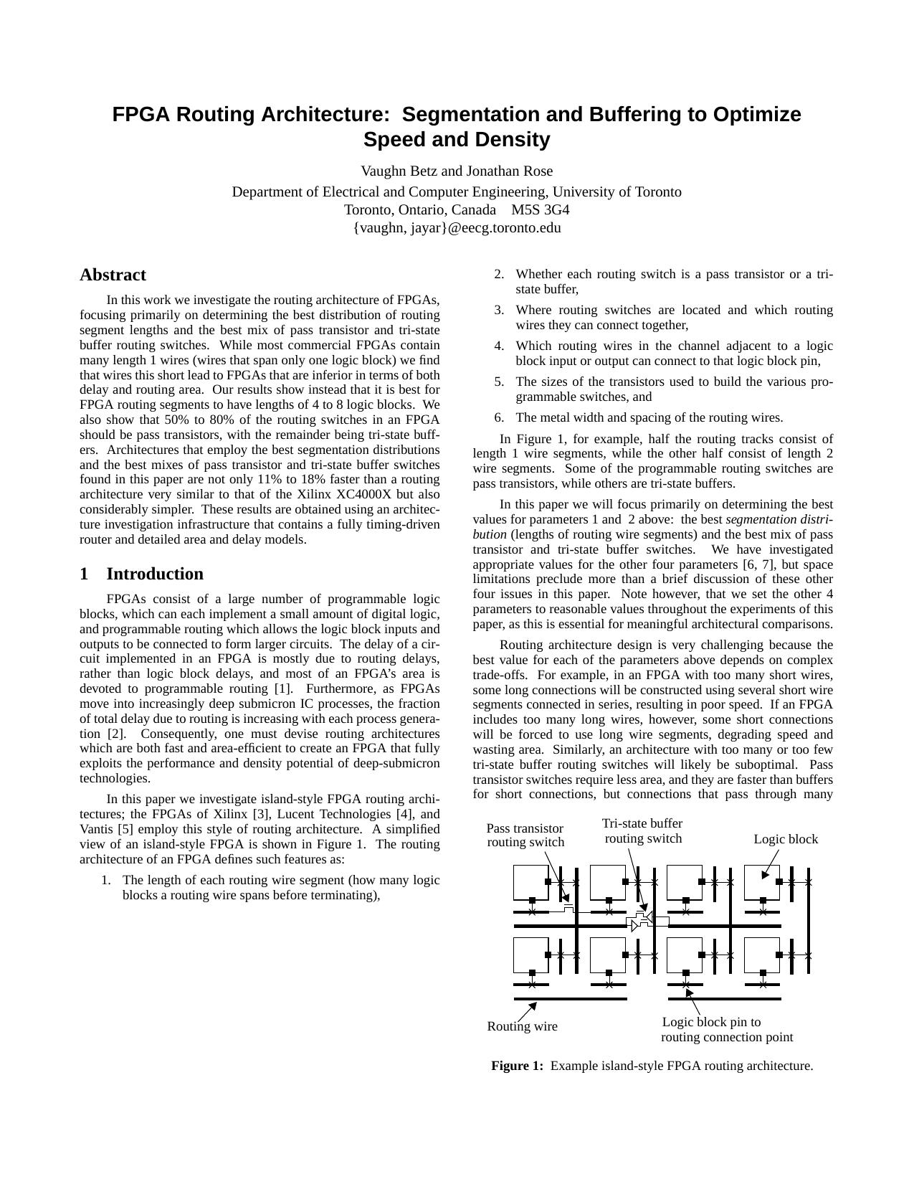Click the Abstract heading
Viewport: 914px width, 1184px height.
(113, 275)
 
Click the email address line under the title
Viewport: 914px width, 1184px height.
(457, 228)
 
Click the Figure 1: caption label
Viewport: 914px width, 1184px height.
(517, 1066)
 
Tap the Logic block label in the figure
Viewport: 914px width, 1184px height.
(785, 839)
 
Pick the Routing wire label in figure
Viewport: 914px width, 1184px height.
(522, 1026)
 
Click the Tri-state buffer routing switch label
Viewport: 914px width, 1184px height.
(642, 831)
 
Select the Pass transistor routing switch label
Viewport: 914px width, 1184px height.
(525, 835)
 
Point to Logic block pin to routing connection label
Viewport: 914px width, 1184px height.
(726, 1030)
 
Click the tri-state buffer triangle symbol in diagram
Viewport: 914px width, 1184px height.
(634, 926)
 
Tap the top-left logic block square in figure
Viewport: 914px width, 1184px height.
(530, 881)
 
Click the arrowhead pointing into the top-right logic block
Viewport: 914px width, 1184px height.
(765, 874)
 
